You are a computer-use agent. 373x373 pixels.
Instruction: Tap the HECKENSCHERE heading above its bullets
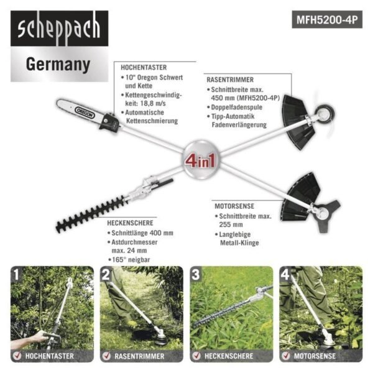(129, 223)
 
